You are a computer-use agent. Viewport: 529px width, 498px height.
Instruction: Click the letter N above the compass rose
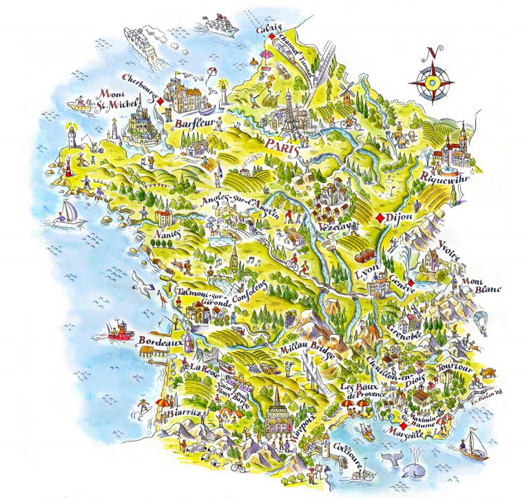pos(431,52)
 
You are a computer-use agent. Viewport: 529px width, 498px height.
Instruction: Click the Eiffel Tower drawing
pos(286,114)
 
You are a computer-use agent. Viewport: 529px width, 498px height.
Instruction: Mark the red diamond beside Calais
pos(273,37)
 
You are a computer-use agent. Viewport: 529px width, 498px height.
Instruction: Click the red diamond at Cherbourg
pos(160,101)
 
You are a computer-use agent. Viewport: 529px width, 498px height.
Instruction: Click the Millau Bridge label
pos(307,352)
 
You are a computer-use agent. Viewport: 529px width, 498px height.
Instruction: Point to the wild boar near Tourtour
pos(487,373)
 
